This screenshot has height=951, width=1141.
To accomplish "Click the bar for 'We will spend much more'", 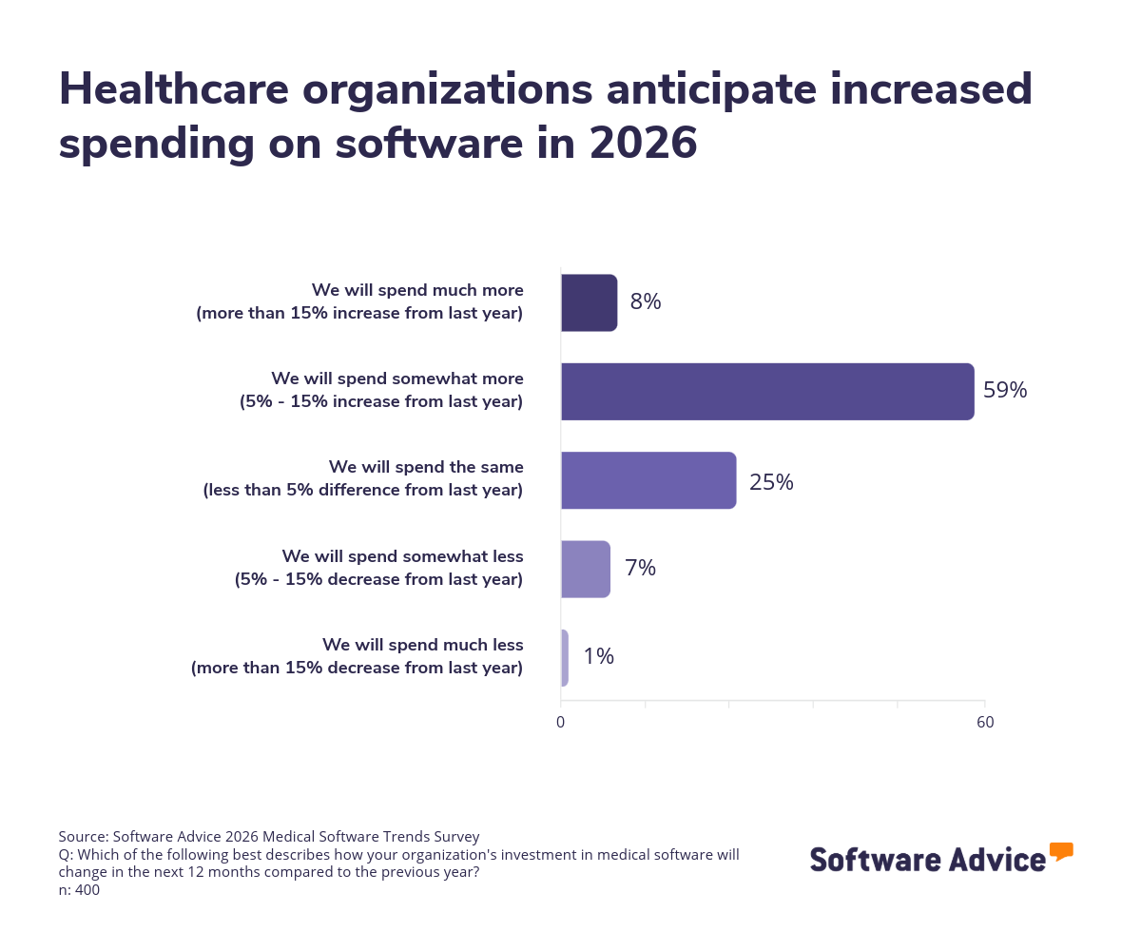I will [x=589, y=302].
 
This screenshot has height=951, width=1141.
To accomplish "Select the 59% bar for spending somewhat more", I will [x=767, y=391].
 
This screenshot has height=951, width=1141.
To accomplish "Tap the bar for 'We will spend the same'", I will [x=648, y=480].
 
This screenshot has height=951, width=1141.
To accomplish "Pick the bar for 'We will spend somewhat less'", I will [x=585, y=569].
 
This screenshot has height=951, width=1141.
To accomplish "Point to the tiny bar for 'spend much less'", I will [x=565, y=657].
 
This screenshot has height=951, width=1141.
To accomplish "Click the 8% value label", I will [x=645, y=302].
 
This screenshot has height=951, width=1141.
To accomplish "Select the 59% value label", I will [x=1005, y=391].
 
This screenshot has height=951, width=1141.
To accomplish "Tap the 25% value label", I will [x=771, y=482].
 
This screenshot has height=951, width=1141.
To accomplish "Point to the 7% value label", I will [x=640, y=569].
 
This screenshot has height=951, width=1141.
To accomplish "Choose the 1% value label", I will [x=598, y=657].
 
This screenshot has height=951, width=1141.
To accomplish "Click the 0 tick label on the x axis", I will [x=560, y=723].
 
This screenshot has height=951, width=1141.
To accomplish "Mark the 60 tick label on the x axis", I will [x=985, y=723].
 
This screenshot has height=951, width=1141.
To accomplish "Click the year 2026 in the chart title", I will [x=643, y=144].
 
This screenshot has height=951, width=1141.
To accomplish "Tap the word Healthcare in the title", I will [x=174, y=89].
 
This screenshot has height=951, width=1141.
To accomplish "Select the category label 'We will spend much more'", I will [x=417, y=289].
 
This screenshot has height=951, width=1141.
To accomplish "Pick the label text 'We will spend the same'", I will [x=426, y=467].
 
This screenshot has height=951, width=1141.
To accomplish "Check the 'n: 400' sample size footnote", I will [x=79, y=890].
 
